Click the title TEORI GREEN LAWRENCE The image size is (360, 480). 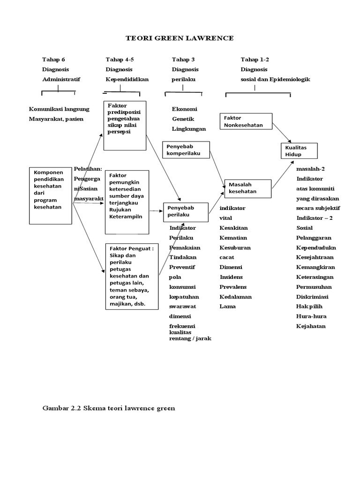coord(180,38)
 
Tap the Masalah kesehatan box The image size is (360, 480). coord(248,188)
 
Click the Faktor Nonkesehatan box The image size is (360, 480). coord(246,121)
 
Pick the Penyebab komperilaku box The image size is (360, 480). coord(186,150)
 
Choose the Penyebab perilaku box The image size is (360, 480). coord(186,211)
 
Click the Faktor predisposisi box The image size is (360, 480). coord(125,125)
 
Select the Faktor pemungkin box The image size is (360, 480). coord(127,202)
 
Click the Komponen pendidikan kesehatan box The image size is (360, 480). coord(51,195)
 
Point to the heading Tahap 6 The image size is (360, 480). coord(53,60)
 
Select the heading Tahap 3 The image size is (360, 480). coord(183,60)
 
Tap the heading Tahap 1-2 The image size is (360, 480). coord(255,60)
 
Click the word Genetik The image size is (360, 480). coord(183,119)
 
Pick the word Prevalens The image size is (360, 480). coord(233,287)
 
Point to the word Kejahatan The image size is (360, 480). coord(311,326)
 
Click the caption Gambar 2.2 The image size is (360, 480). coord(109,408)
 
